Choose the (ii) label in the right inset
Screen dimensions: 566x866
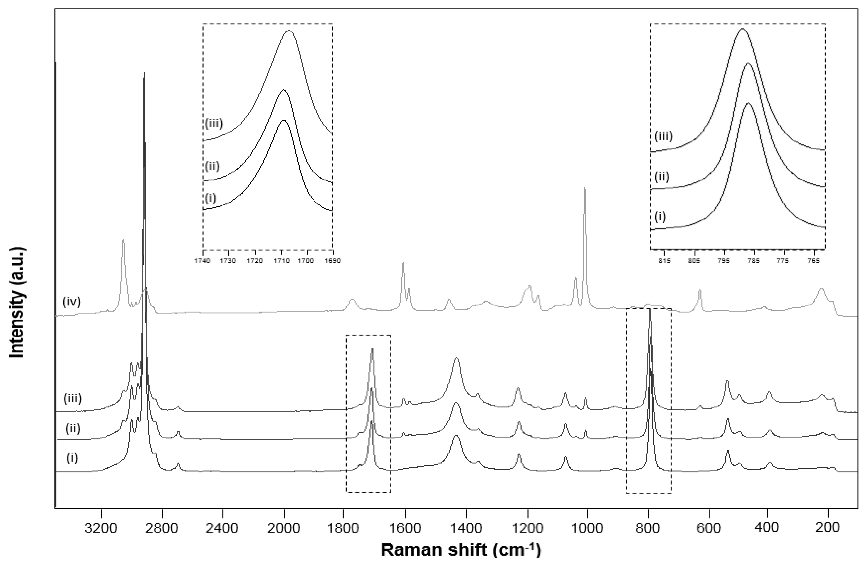pyautogui.click(x=662, y=177)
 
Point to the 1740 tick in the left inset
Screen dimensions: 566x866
pyautogui.click(x=203, y=261)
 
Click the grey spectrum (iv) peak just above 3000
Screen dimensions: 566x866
pyautogui.click(x=123, y=239)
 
